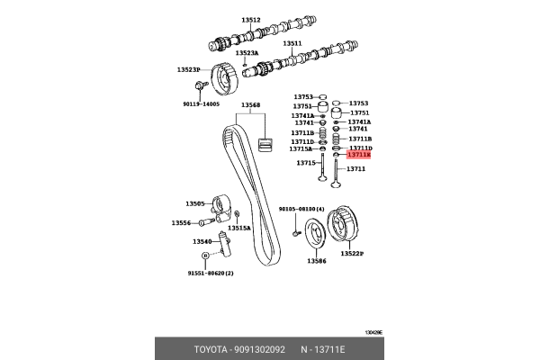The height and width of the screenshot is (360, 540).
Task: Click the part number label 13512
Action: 250,19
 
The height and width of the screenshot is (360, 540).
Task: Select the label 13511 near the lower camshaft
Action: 292,42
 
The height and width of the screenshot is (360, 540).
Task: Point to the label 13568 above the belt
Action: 250,104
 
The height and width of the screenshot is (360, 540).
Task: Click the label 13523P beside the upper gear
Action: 189,69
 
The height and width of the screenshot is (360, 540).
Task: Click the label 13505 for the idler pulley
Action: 196,203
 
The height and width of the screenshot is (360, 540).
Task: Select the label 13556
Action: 183,222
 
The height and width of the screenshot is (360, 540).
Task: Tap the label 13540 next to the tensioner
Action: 202,241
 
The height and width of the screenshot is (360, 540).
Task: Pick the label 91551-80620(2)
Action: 210,272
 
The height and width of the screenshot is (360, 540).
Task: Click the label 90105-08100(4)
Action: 301,209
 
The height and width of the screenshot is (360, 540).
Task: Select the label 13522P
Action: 353,255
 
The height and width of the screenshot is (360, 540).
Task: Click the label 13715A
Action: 301,148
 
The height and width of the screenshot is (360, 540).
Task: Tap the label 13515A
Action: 238,229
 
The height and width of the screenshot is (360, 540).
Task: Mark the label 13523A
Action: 247,53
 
